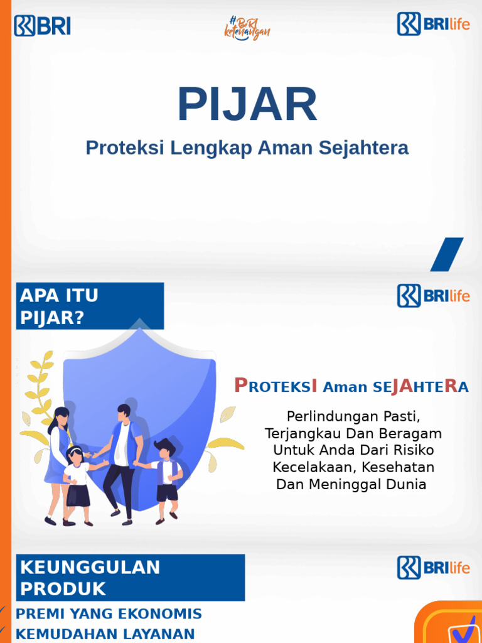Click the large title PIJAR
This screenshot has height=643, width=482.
(x=247, y=105)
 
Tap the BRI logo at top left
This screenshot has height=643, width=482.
(x=42, y=26)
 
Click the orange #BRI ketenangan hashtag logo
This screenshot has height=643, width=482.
(x=247, y=28)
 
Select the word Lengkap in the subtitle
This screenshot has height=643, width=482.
(x=211, y=148)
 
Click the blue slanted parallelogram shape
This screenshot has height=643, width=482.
(x=446, y=254)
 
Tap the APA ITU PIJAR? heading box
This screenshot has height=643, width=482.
(x=90, y=306)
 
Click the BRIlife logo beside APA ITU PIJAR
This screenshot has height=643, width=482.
(x=433, y=295)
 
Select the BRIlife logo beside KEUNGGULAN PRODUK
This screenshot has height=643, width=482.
(x=433, y=567)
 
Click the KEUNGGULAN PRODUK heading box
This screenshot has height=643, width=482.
(x=130, y=578)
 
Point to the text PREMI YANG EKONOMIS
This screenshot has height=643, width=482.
(x=109, y=613)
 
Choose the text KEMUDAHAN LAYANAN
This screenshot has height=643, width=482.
(x=105, y=634)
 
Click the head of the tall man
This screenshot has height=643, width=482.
(x=124, y=413)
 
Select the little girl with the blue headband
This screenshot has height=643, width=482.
(x=77, y=480)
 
